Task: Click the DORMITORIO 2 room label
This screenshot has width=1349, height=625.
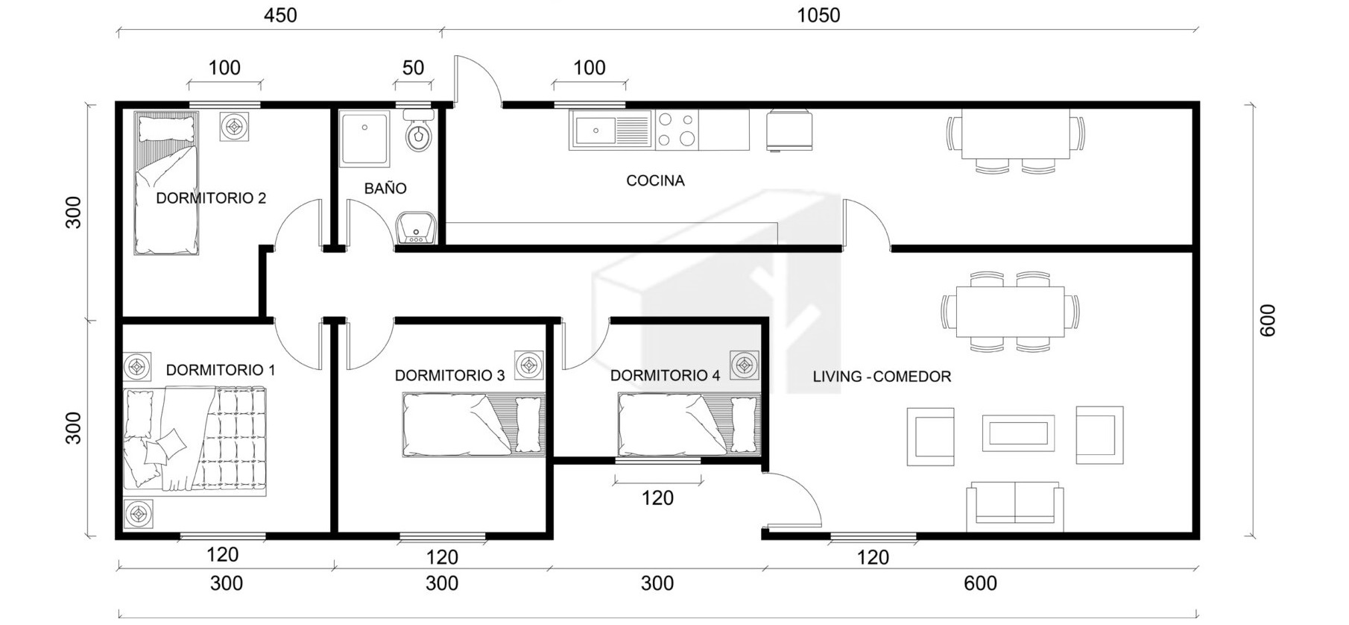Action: click(x=211, y=198)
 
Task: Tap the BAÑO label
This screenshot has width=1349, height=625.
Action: click(x=385, y=188)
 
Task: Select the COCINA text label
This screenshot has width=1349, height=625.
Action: click(x=655, y=180)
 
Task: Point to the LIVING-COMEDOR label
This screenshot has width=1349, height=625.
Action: click(x=882, y=377)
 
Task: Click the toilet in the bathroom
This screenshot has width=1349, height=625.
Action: click(x=419, y=132)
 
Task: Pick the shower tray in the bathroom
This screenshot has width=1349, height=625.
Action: click(x=364, y=139)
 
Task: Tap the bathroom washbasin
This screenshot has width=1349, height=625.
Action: click(x=416, y=227)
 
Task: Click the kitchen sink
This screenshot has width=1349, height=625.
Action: click(x=610, y=131)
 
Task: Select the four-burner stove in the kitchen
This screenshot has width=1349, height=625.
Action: click(x=675, y=130)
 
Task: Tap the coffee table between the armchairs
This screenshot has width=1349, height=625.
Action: click(x=1018, y=433)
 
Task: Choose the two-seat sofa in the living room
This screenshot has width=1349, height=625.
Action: click(x=1015, y=507)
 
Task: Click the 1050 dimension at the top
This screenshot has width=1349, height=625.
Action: click(x=818, y=15)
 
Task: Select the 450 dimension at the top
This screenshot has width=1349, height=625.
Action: click(x=280, y=15)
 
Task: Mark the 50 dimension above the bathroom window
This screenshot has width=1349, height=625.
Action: click(x=413, y=68)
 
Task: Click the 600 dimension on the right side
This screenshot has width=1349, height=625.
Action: click(x=1267, y=320)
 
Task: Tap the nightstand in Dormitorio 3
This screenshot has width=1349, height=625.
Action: click(x=529, y=365)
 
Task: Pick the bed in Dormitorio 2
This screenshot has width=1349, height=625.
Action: click(x=166, y=183)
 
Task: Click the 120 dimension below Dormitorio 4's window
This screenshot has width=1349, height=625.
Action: click(x=657, y=497)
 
